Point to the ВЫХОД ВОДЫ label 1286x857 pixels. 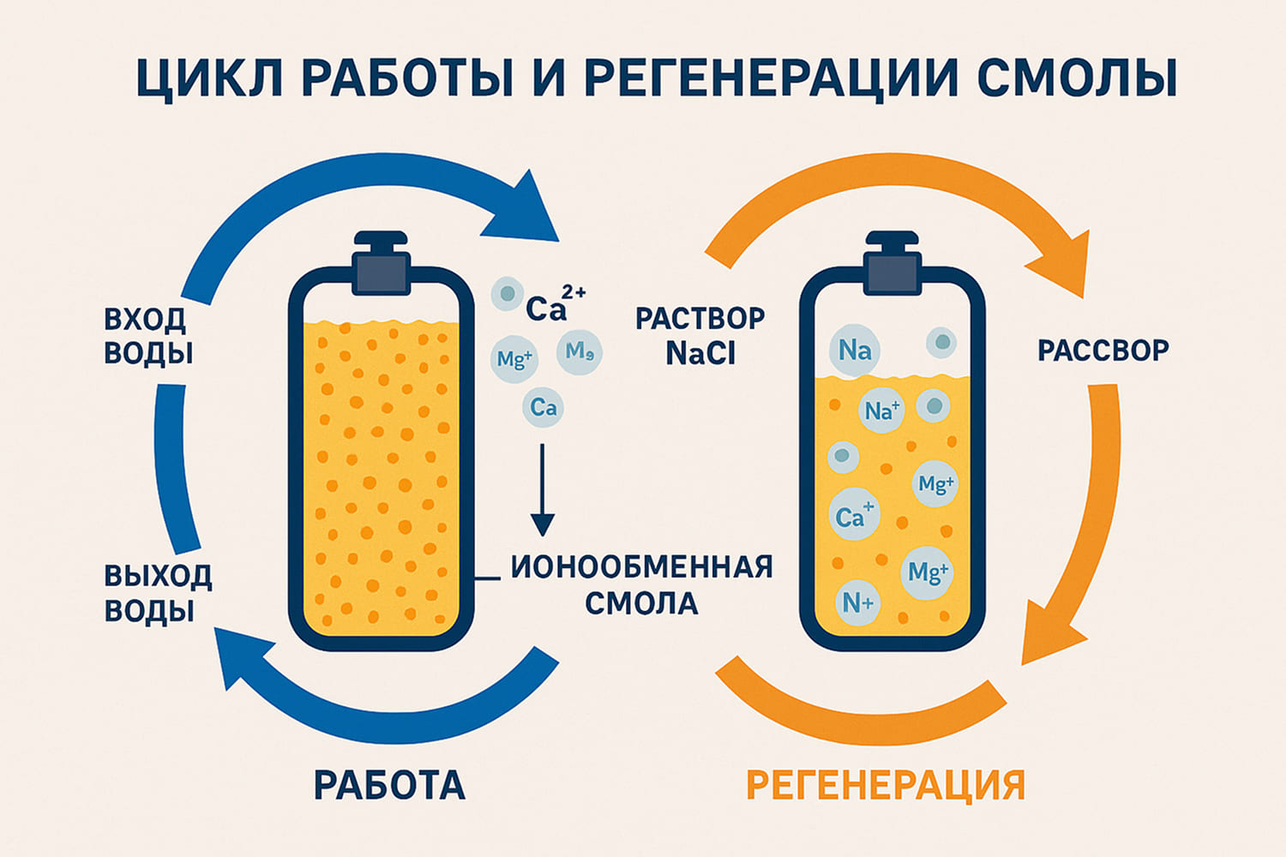coord(158,593)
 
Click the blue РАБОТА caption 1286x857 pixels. coord(389,785)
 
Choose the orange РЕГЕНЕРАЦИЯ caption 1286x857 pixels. coord(886,785)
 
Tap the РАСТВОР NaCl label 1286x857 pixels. coord(700,336)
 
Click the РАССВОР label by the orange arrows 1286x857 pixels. coord(1103,351)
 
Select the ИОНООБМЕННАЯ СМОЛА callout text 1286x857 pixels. coord(641,584)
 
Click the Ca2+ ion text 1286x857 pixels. coord(554,305)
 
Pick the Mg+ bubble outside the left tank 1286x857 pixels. coord(514,359)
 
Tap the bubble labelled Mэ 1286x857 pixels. coord(580,352)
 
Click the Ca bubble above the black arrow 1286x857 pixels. coord(544,408)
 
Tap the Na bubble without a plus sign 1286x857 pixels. coord(855,351)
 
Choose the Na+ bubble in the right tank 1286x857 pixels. coord(881,411)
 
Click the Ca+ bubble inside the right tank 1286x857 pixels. coord(855,516)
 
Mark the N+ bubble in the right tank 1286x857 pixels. coord(857,603)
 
